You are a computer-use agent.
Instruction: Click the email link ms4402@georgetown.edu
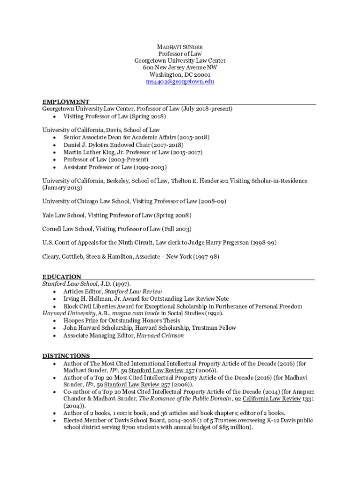(x=180, y=81)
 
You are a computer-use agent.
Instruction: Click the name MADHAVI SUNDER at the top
(x=180, y=47)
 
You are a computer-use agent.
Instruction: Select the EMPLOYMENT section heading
(x=66, y=102)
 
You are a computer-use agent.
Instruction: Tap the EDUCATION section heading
(x=62, y=276)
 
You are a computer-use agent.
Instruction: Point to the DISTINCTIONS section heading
(x=66, y=356)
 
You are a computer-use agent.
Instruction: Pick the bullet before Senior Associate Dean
(x=55, y=138)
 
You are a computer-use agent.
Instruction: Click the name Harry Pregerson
(x=227, y=243)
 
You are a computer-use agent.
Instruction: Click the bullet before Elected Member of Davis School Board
(x=55, y=421)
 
